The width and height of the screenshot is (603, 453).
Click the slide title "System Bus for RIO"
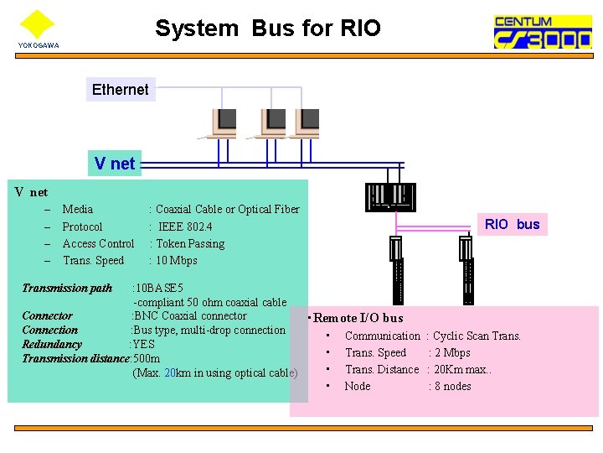tap(267, 29)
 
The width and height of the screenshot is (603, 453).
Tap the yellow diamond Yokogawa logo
tap(37, 23)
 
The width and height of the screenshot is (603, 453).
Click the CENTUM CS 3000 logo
tap(542, 33)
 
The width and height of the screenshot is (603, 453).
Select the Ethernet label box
tap(120, 89)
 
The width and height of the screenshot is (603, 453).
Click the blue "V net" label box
tap(114, 163)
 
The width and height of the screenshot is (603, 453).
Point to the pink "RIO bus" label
tap(513, 224)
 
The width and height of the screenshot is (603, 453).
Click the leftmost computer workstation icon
tap(224, 122)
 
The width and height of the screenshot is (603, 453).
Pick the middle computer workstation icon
tap(272, 122)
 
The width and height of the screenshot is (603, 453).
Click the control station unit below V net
tap(389, 198)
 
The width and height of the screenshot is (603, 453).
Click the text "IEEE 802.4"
tap(185, 226)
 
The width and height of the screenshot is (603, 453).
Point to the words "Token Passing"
tap(189, 243)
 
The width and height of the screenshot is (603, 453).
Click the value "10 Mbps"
tap(176, 260)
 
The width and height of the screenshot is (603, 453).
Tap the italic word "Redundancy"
tap(52, 344)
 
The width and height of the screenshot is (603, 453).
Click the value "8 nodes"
tap(452, 386)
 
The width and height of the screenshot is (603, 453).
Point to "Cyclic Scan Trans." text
tap(477, 336)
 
